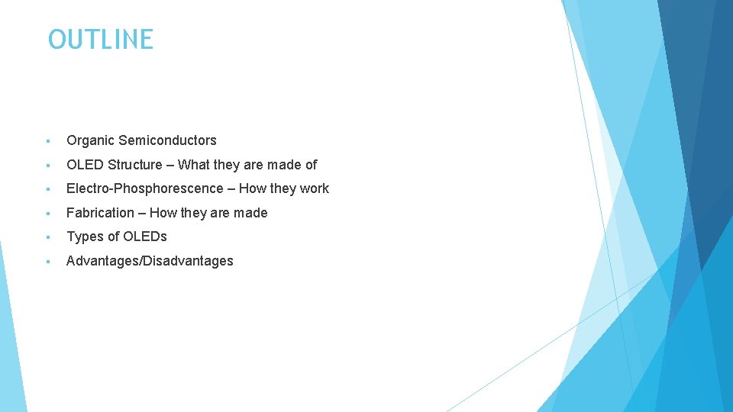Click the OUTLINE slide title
pyautogui.click(x=100, y=40)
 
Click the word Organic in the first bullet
pyautogui.click(x=90, y=140)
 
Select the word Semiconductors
pyautogui.click(x=167, y=140)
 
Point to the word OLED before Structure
pyautogui.click(x=85, y=165)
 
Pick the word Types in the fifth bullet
pyautogui.click(x=84, y=237)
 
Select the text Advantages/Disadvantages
pyautogui.click(x=150, y=261)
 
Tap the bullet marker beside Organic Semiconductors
pyautogui.click(x=47, y=141)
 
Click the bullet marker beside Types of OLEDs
pyautogui.click(x=47, y=237)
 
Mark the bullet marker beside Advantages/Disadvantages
pyautogui.click(x=47, y=262)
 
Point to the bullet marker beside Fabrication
pyautogui.click(x=47, y=214)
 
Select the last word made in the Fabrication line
pyautogui.click(x=250, y=213)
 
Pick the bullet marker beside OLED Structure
pyautogui.click(x=47, y=166)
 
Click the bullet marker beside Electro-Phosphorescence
pyautogui.click(x=47, y=189)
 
